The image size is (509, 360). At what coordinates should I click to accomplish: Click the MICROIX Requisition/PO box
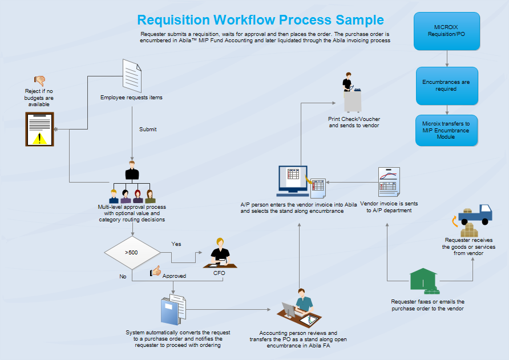[447, 31]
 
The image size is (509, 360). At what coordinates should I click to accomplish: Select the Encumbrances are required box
[446, 86]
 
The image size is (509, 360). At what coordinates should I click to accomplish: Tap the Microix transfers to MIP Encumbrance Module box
[446, 131]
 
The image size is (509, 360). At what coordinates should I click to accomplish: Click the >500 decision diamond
[131, 252]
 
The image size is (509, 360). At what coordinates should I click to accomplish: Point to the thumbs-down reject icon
[40, 80]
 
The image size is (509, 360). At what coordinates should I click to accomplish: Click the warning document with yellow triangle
[39, 129]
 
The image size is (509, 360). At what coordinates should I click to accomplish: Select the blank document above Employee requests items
[132, 76]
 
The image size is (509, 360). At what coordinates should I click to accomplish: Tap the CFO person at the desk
[219, 253]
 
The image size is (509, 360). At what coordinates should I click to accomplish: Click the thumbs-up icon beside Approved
[155, 272]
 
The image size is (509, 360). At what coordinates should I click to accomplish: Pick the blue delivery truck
[475, 214]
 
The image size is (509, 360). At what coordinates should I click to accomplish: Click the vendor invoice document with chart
[389, 182]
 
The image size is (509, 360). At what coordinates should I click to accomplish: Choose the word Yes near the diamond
[176, 244]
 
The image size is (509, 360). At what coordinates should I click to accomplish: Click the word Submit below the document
[148, 129]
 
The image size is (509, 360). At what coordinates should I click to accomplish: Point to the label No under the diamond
[123, 276]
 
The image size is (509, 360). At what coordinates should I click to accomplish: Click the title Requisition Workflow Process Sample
[260, 20]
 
